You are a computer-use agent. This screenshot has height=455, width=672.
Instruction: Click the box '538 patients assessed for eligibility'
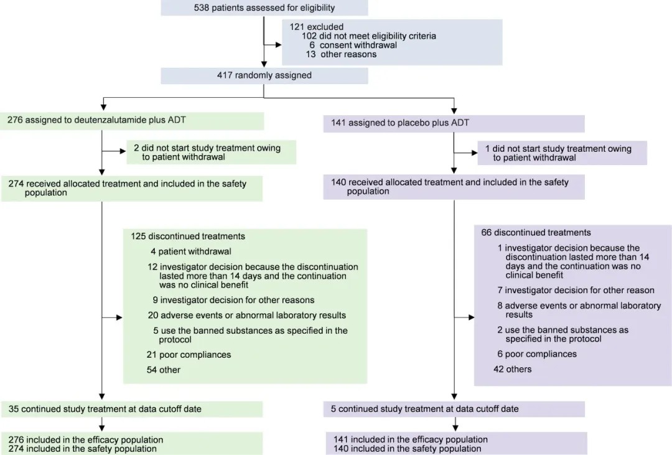pos(264,8)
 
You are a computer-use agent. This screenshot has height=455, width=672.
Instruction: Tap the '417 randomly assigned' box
pos(264,75)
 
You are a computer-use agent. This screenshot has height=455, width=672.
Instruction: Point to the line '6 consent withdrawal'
pos(357,45)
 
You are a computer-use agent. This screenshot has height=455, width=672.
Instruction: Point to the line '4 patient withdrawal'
pos(190,251)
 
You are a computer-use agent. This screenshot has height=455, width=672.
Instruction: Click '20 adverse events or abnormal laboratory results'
pos(246,315)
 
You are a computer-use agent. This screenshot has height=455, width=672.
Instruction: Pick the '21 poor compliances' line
pos(189,355)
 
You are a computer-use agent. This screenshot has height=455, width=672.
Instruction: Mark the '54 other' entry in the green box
pos(164,370)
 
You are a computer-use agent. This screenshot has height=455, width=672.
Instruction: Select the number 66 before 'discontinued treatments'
pos(487,233)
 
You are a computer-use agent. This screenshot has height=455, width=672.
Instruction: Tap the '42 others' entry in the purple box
pos(514,369)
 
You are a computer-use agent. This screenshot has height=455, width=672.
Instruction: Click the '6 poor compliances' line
pos(537,354)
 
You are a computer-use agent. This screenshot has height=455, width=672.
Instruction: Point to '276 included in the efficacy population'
pos(86,439)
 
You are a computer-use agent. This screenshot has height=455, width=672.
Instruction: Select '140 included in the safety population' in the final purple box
pos(408,448)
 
